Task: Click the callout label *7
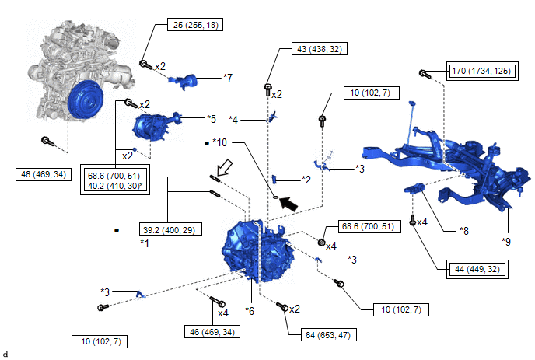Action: pyautogui.click(x=227, y=77)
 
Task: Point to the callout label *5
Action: pyautogui.click(x=211, y=119)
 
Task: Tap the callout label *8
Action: pyautogui.click(x=464, y=230)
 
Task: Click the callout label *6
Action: pyautogui.click(x=250, y=310)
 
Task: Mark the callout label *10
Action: pyautogui.click(x=220, y=142)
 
